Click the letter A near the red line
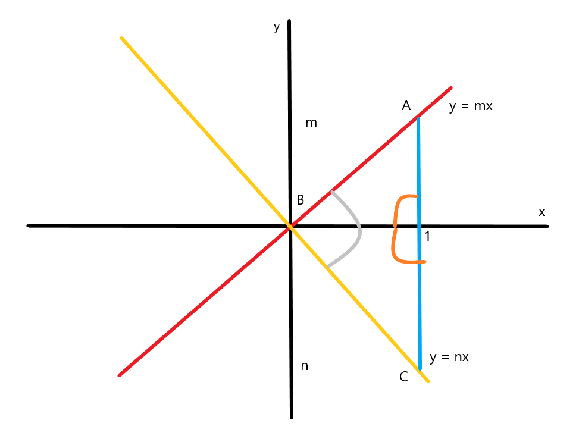406,106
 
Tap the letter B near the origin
301,200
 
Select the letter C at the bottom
404,377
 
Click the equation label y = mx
471,107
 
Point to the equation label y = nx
449,358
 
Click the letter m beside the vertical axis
311,123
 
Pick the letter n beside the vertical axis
304,366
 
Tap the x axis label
542,212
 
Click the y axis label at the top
276,27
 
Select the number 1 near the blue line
427,237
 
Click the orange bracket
394,229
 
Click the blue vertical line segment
419,297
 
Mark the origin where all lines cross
290,226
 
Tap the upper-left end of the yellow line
121,38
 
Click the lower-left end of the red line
120,375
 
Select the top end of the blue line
418,119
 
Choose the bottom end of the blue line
420,369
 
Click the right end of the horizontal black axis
547,226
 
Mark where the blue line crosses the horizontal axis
419,226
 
